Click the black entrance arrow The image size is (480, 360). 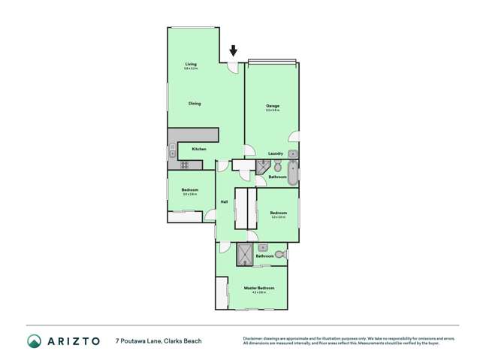[233, 51]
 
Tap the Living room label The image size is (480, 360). [191, 65]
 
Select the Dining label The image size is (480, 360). [195, 104]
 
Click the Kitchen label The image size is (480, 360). [198, 149]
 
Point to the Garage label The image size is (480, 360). [272, 106]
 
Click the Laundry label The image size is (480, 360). [275, 153]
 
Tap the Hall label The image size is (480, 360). [224, 201]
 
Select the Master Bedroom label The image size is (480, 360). [258, 288]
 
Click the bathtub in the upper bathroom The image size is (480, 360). [292, 172]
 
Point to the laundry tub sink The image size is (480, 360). [292, 154]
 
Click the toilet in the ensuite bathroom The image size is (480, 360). [279, 255]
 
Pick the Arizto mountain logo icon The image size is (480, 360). [34, 340]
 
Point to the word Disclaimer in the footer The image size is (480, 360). [256, 337]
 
